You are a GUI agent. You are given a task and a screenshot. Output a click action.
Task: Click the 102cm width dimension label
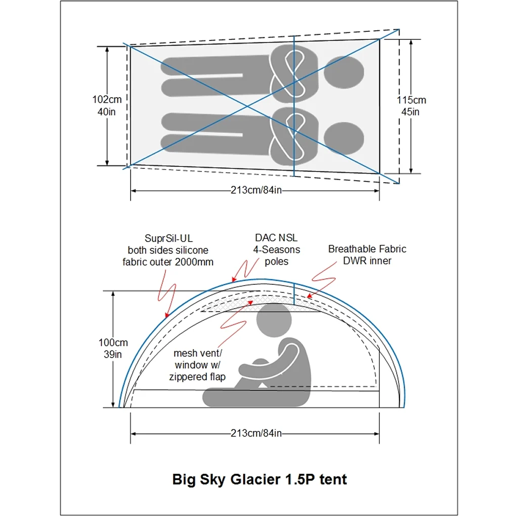pos(107,105)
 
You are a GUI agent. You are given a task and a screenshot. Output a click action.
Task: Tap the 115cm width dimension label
pos(411,106)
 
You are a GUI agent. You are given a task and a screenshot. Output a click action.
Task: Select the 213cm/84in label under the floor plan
pos(256,190)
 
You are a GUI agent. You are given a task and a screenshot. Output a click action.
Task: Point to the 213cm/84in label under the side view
pos(256,433)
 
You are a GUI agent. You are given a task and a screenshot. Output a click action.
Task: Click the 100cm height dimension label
pos(113,348)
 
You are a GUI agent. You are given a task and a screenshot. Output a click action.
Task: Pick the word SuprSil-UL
pos(168,238)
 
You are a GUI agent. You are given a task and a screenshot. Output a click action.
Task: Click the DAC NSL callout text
pos(276,249)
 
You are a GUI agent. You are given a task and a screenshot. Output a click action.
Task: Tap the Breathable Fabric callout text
pos(367,255)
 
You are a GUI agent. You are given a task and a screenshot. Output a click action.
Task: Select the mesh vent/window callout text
pos(198,365)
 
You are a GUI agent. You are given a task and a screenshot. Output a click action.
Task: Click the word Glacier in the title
pos(255,480)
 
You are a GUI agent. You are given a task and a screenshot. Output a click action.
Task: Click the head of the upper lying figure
pos(343,72)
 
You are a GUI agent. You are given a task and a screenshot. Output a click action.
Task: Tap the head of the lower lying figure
pos(343,138)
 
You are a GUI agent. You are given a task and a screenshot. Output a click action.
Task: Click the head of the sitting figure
pos(275,320)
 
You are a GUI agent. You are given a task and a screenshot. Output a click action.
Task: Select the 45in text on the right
pos(411,112)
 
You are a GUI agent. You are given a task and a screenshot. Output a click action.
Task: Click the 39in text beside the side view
pos(113,355)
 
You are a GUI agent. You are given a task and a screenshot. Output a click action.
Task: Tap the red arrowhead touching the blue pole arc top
pos(234,279)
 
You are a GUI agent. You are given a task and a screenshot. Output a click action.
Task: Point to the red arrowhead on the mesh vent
pos(250,303)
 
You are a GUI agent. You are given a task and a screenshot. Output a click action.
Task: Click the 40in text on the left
pos(106,112)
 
